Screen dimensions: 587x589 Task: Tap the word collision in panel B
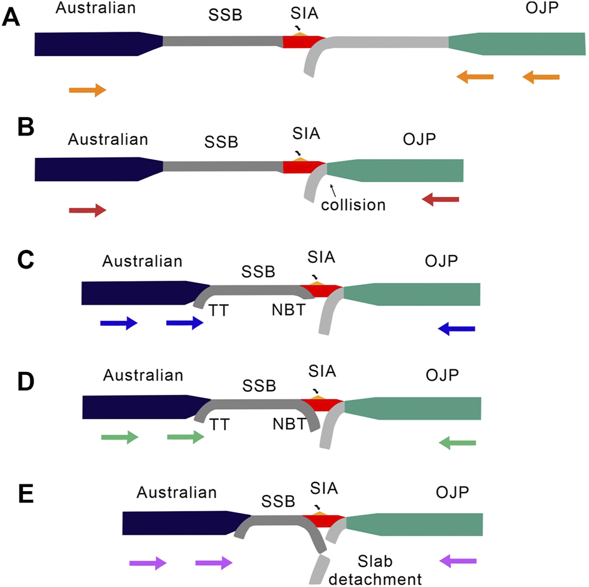[x=354, y=203]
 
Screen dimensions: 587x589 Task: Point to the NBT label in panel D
[x=288, y=424]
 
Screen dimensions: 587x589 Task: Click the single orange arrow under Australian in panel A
[x=88, y=91]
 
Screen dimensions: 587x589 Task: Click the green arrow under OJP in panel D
[x=457, y=443]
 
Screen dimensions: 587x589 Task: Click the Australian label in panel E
[x=177, y=492]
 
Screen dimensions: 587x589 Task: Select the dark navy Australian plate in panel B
[x=93, y=169]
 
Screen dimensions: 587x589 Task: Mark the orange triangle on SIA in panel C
[x=317, y=283]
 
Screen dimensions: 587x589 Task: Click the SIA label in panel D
[x=322, y=371]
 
